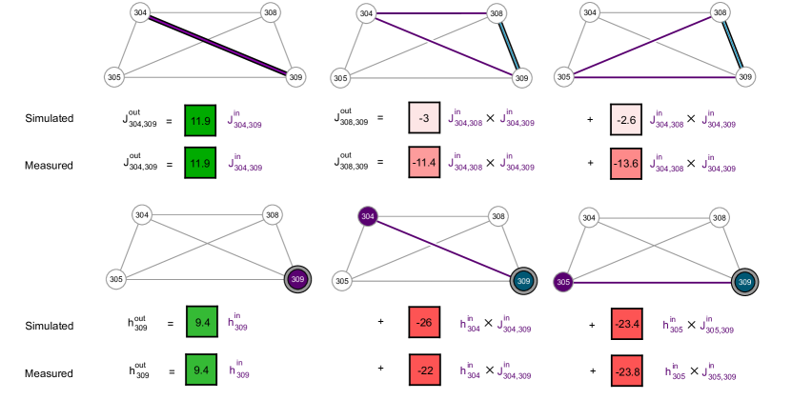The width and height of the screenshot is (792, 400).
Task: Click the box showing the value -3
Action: pyautogui.click(x=424, y=118)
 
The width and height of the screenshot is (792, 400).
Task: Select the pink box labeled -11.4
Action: pyautogui.click(x=424, y=163)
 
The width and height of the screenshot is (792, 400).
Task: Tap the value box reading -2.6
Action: pyautogui.click(x=626, y=120)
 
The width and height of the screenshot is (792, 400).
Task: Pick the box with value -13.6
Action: pyautogui.click(x=626, y=164)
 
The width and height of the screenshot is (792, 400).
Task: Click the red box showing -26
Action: pyautogui.click(x=424, y=323)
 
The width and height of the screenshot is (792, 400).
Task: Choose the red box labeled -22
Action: pyautogui.click(x=424, y=370)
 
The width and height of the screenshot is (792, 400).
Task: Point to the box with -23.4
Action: pyautogui.click(x=626, y=324)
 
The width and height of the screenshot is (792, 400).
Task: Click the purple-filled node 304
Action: pyautogui.click(x=367, y=217)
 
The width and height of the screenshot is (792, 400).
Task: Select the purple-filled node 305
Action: pyautogui.click(x=563, y=282)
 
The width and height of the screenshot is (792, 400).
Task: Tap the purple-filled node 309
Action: pyautogui.click(x=298, y=279)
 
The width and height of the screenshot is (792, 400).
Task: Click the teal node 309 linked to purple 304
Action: pyautogui.click(x=523, y=281)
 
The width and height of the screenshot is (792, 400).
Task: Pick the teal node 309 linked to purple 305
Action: pyautogui.click(x=745, y=282)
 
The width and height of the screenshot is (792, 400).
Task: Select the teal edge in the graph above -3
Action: pyautogui.click(x=509, y=46)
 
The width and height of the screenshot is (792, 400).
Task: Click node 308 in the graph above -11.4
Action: pyautogui.click(x=496, y=13)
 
